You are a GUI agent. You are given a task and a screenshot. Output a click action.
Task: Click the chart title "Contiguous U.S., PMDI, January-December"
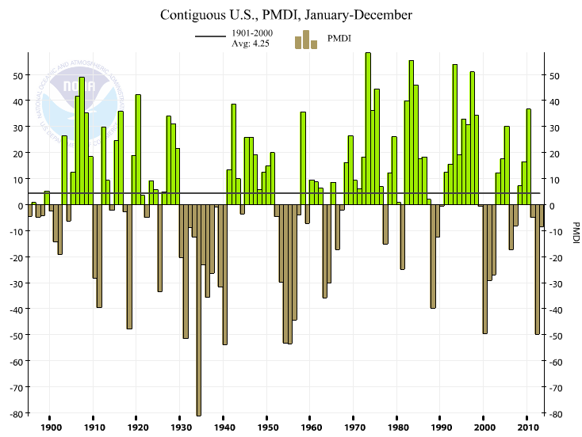pyautogui.click(x=286, y=15)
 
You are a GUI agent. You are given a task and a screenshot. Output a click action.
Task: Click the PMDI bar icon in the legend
pyautogui.click(x=305, y=40)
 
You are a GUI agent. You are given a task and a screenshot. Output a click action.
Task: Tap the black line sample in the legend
pyautogui.click(x=210, y=37)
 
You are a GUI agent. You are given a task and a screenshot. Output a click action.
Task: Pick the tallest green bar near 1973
pyautogui.click(x=368, y=127)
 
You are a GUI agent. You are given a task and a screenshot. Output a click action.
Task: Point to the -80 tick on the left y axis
pyautogui.click(x=14, y=414)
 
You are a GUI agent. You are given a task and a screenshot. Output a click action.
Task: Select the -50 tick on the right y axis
pyautogui.click(x=555, y=336)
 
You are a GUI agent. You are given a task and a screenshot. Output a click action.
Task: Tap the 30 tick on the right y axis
pyautogui.click(x=553, y=128)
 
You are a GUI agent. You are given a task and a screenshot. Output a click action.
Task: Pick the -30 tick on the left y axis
pyautogui.click(x=14, y=284)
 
